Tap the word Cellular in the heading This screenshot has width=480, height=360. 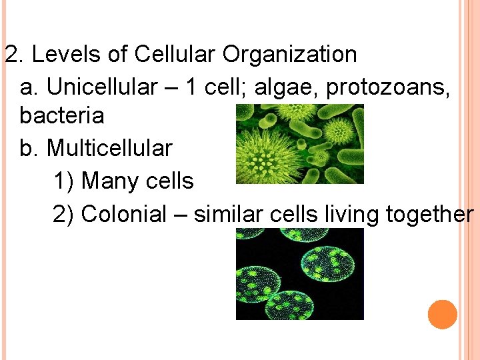(x=176, y=54)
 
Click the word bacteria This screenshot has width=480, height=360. (x=62, y=116)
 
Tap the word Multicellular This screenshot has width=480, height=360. (x=109, y=148)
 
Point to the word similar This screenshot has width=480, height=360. (x=222, y=214)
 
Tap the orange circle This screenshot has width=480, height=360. (x=443, y=314)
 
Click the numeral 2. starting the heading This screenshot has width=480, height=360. (x=13, y=54)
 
